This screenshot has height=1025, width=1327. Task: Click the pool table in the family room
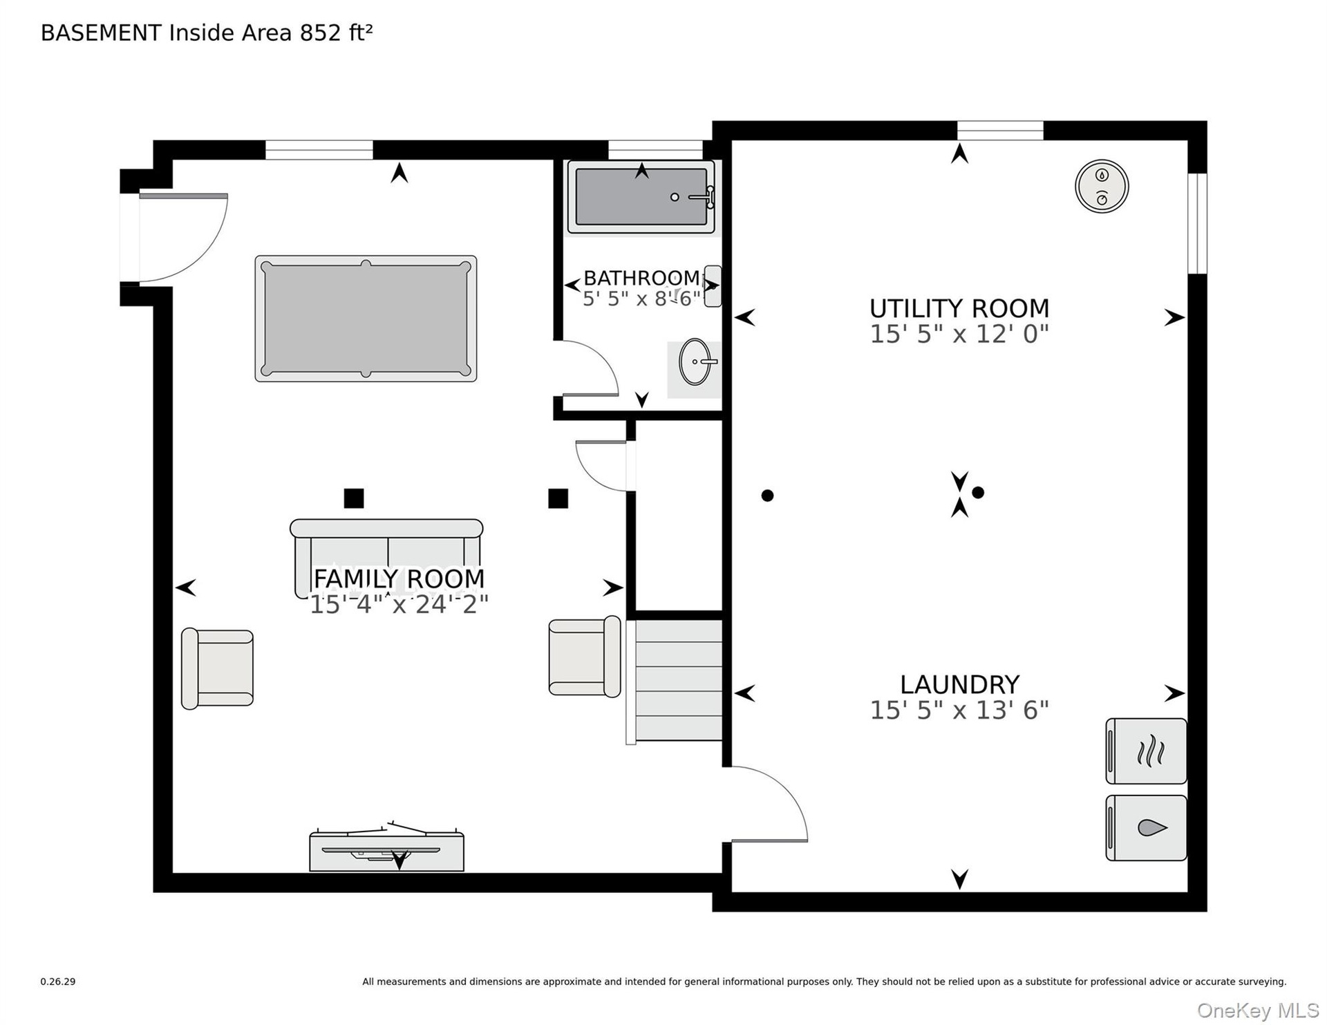coord(366,319)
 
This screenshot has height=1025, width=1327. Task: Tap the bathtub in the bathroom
coord(641,197)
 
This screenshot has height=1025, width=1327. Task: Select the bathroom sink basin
coord(695,361)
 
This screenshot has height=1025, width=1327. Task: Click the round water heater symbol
coord(1102,186)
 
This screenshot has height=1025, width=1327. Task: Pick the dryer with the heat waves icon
coord(1146,751)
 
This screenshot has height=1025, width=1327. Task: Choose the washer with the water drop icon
coord(1146,828)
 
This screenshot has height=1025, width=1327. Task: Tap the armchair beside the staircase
coord(585,657)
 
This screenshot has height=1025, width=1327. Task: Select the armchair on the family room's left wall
coord(217,668)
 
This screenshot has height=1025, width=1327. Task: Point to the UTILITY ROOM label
coord(959,308)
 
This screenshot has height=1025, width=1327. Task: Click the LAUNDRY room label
coord(959,684)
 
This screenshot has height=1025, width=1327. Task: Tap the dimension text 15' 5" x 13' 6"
coord(959,710)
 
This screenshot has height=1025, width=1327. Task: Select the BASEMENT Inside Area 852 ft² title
coord(207,32)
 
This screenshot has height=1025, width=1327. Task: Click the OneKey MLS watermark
coord(1258,1010)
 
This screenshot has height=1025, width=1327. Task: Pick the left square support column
coord(354,498)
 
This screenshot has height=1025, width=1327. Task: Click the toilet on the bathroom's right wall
coord(712,286)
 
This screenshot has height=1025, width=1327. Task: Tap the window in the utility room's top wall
coord(1000,131)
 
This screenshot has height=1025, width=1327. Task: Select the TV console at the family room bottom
coord(386,847)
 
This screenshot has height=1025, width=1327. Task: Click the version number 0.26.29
coord(58,981)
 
